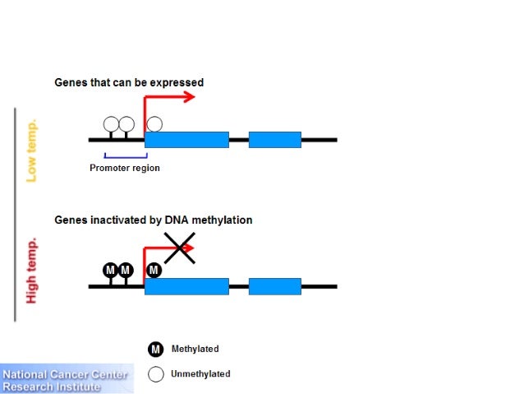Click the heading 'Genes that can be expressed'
coord(129,83)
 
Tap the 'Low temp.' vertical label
coord(32,152)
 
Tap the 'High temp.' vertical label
coord(32,271)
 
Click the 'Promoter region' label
coord(125,169)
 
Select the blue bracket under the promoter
coord(125,155)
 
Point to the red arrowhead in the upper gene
coord(189,97)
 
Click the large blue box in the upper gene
coord(186,140)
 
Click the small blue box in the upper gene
coord(274,140)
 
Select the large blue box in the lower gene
coord(186,286)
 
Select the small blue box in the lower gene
coord(274,286)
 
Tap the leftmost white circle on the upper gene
coord(111,124)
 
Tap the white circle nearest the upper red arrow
coord(154,124)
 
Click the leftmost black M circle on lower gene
coord(110,270)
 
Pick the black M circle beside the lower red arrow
coord(154,270)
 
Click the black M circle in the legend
coord(156,350)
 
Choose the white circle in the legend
coord(156,374)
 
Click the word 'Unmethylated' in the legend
coord(200,374)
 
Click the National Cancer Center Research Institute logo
coord(66,381)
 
